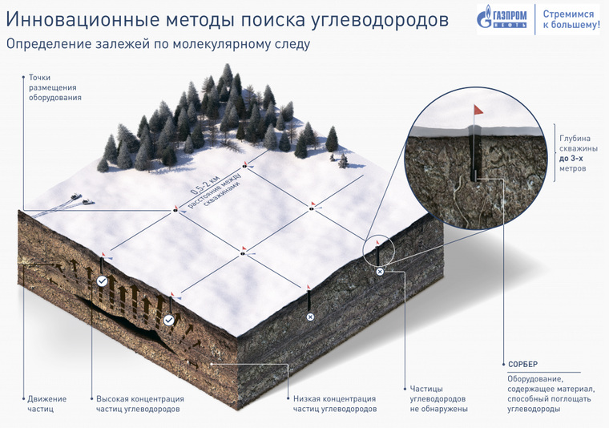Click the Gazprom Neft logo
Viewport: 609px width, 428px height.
click(x=502, y=17)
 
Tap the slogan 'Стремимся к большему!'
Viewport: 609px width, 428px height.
click(x=571, y=19)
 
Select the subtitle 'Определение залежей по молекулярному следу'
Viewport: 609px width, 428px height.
click(x=158, y=44)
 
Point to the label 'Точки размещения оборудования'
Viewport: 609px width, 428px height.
click(x=55, y=87)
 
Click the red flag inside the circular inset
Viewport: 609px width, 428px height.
click(x=478, y=110)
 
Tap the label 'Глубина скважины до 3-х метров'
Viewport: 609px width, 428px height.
click(x=579, y=153)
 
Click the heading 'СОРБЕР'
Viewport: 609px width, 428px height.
click(x=522, y=365)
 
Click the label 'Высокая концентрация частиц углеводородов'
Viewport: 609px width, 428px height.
click(x=139, y=403)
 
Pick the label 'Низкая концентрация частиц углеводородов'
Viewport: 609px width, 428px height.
click(x=334, y=403)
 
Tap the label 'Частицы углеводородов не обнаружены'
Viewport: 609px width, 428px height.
click(x=439, y=398)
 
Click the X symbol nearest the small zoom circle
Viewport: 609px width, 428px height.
click(x=380, y=272)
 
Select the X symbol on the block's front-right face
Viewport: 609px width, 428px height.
click(x=309, y=317)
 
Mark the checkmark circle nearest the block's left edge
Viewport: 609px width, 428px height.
click(x=102, y=281)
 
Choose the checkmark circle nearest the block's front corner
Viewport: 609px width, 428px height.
click(x=168, y=321)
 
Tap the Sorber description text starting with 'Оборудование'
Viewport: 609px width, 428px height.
click(x=549, y=394)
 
